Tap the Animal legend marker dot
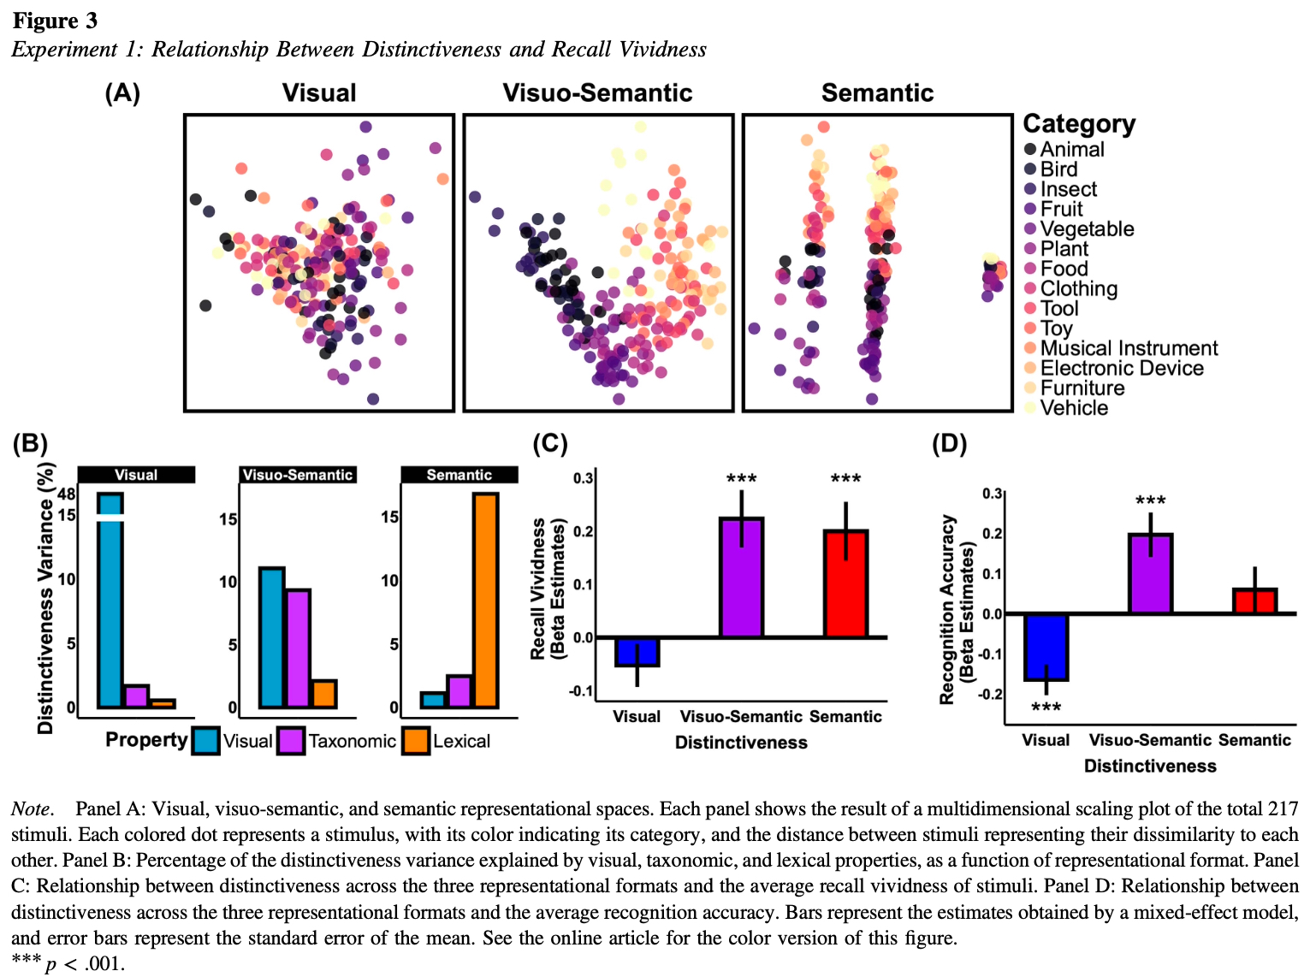[x=1030, y=149]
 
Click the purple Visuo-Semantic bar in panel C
[x=741, y=577]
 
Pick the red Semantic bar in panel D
[x=1254, y=601]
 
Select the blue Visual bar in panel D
[x=1046, y=647]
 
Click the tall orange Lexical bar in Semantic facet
[x=485, y=600]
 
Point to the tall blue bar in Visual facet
[x=110, y=600]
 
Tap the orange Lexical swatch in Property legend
[x=416, y=741]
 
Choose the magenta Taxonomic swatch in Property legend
[x=291, y=741]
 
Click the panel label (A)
[x=122, y=93]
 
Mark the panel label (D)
[x=949, y=444]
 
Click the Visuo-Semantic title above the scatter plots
[x=597, y=93]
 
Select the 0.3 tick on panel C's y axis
[x=583, y=477]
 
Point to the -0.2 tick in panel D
[x=992, y=694]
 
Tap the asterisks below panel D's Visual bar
[x=1046, y=708]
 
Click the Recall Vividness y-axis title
[x=538, y=589]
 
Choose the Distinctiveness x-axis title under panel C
[x=741, y=743]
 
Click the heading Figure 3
[x=55, y=21]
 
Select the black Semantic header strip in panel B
[x=459, y=475]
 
